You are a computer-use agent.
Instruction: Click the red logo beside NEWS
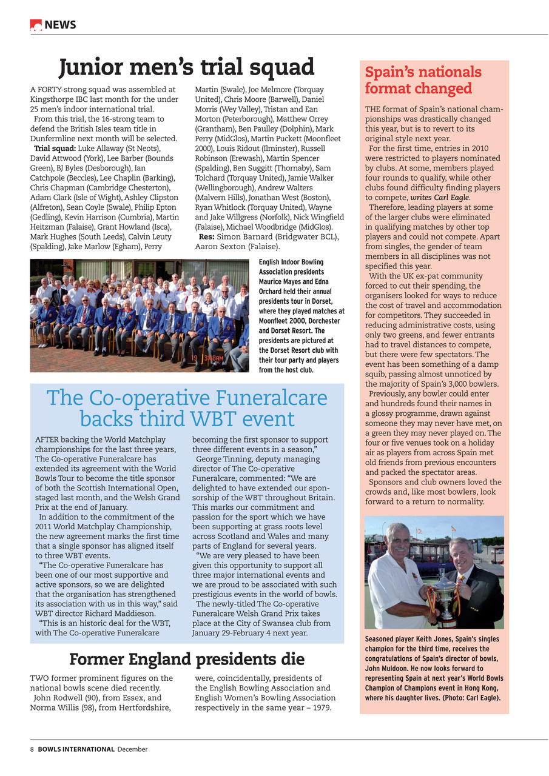(36, 25)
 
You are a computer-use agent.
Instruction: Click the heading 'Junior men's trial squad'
(186, 67)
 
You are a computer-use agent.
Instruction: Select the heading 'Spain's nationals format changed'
(423, 80)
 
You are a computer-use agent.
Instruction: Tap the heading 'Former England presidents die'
(186, 658)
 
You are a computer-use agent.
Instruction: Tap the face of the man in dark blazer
(461, 552)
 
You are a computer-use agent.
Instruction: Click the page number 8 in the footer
(32, 749)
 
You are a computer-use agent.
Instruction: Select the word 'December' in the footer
(132, 749)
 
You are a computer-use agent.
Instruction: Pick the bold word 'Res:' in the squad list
(206, 237)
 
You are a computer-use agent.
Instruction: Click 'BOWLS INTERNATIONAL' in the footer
(76, 749)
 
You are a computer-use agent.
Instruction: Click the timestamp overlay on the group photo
(214, 358)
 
